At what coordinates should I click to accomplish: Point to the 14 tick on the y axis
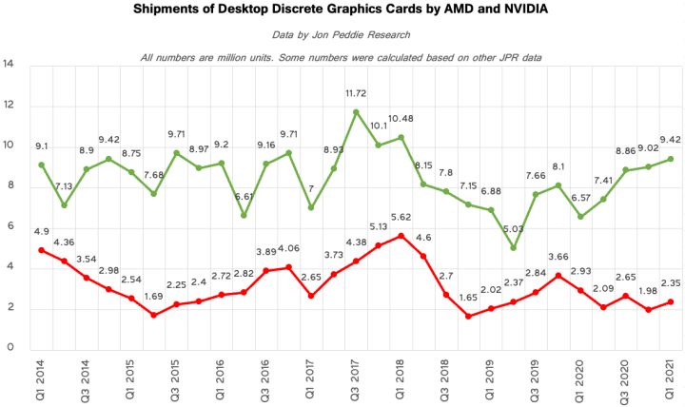pos(9,65)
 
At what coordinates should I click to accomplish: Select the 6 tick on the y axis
pos(9,226)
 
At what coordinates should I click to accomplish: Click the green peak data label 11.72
pos(356,94)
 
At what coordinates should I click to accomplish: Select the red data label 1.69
pos(154,296)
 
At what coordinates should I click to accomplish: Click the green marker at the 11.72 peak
pos(356,111)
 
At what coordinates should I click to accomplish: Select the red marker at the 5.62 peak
pos(401,235)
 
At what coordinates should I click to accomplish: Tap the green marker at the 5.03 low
pos(514,247)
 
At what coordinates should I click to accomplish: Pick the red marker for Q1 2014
pos(42,250)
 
